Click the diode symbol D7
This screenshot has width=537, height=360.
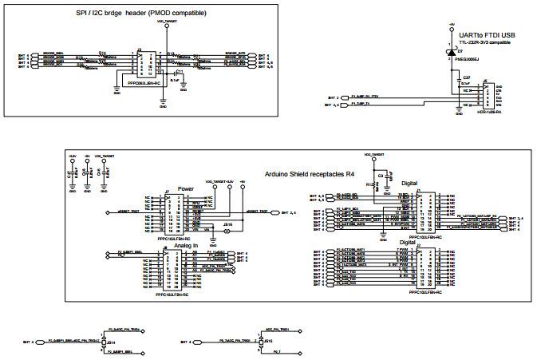coord(448,49)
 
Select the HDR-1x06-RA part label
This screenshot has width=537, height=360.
coord(488,113)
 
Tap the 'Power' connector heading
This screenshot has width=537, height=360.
coord(185,189)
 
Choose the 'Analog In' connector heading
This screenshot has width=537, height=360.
coord(185,245)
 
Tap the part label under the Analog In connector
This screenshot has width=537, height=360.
coord(172,295)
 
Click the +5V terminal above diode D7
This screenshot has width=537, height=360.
coord(448,30)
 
